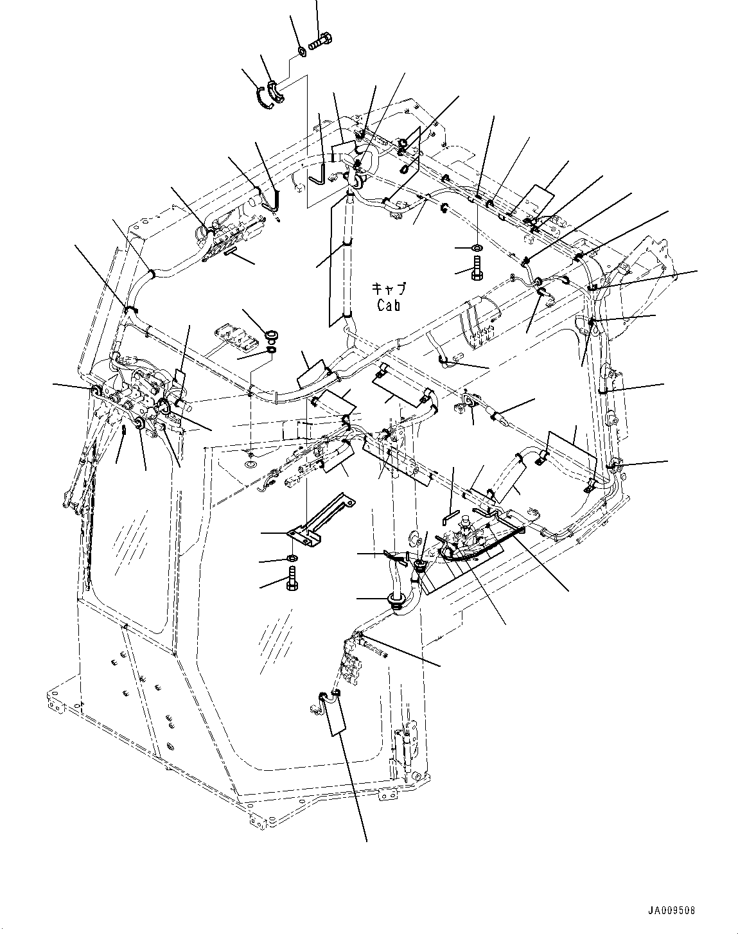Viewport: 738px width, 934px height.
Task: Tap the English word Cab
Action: click(389, 306)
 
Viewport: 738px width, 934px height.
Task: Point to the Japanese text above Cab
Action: click(389, 288)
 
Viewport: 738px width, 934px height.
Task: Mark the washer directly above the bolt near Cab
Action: click(477, 247)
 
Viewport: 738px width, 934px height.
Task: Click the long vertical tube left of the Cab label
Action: click(347, 257)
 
